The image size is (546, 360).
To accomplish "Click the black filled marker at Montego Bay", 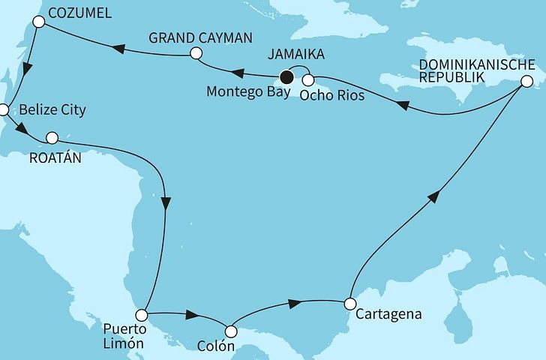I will point(285,76).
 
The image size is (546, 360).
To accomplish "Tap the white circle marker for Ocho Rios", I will point(307,79).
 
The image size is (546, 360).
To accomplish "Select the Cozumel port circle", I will point(39,23).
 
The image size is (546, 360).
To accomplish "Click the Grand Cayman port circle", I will point(196,53).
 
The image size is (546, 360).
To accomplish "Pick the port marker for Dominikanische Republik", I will point(528,81).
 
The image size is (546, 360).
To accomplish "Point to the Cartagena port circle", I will point(349,304).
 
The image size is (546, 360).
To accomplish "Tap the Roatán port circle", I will point(52,137).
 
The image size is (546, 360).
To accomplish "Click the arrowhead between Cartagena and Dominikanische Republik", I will point(433,196).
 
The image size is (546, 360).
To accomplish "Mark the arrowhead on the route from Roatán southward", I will point(166,203).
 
